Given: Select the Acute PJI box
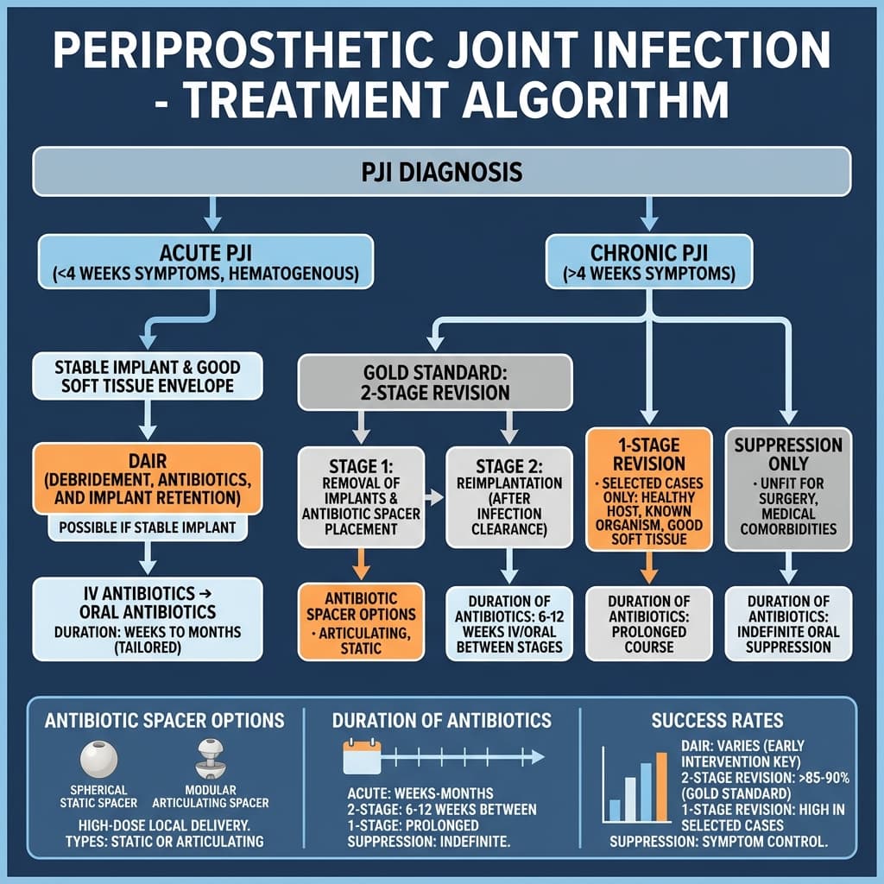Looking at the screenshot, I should pos(205,262).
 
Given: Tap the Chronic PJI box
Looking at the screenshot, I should pos(648,262).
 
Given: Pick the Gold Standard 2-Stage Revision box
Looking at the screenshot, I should pos(435,381).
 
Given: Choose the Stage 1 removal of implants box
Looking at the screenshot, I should pos(361,496).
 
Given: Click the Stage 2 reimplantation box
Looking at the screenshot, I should pos(508,496).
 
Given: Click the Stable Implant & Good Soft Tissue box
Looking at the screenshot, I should pos(147,376).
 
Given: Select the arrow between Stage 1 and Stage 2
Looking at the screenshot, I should pos(435,497).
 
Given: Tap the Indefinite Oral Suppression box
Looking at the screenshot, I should pos(787,623).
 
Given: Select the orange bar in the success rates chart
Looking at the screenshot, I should pos(662,786).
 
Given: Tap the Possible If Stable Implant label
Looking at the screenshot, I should pos(146,527).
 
